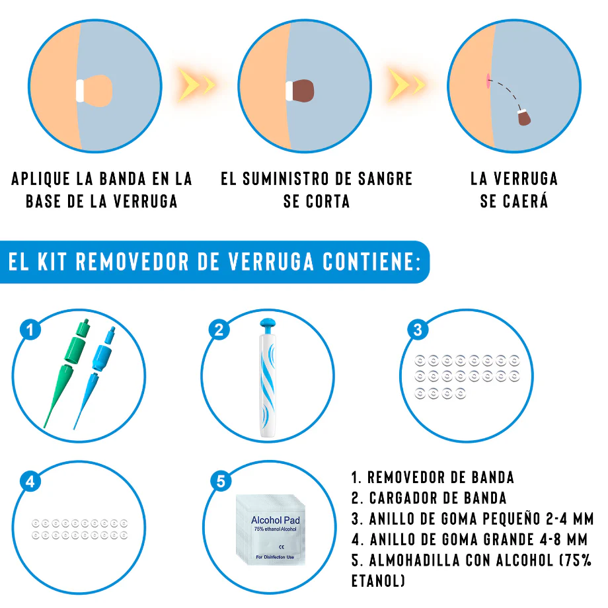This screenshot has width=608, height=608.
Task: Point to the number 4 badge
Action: pos(30,481)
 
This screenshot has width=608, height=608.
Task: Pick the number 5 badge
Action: pos(221,481)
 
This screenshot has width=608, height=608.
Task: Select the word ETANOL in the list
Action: pos(378,581)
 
